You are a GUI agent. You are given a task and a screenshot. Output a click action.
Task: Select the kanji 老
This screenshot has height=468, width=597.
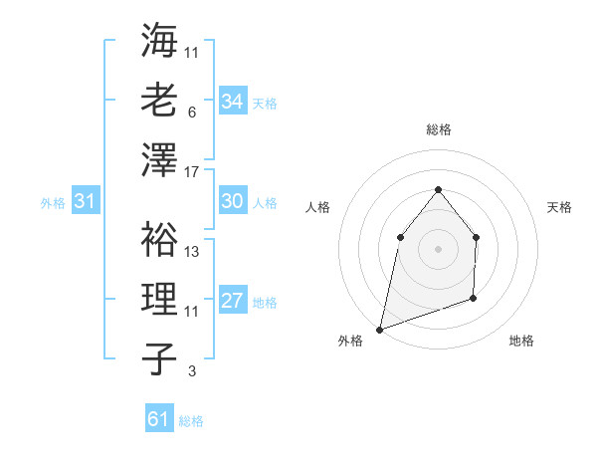coord(159,102)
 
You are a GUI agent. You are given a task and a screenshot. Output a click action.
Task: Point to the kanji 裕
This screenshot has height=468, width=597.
coord(159,239)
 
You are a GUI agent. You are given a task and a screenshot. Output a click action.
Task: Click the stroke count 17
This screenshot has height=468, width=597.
coord(192,172)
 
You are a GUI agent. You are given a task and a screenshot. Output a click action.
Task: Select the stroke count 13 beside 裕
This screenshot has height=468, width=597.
coord(192,252)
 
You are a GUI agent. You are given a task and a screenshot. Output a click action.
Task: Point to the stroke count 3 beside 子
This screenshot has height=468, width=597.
coord(192,371)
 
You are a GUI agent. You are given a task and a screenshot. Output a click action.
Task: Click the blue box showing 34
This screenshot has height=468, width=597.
coord(233,102)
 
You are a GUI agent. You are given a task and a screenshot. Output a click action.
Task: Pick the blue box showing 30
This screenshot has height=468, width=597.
coord(233,201)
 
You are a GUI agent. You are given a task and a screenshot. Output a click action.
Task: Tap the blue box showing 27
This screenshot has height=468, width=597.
coord(233,301)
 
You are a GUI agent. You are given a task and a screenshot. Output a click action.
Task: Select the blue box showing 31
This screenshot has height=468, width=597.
coord(86,201)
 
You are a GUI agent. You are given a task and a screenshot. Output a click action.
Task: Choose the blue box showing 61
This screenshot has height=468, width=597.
coord(159,419)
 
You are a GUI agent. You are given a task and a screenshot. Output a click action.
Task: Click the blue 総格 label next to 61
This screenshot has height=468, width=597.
coord(191,420)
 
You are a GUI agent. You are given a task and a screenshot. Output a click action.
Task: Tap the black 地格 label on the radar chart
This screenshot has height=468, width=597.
coord(521,342)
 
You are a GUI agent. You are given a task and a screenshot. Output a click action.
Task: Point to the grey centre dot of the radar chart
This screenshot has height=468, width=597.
coord(438,248)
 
